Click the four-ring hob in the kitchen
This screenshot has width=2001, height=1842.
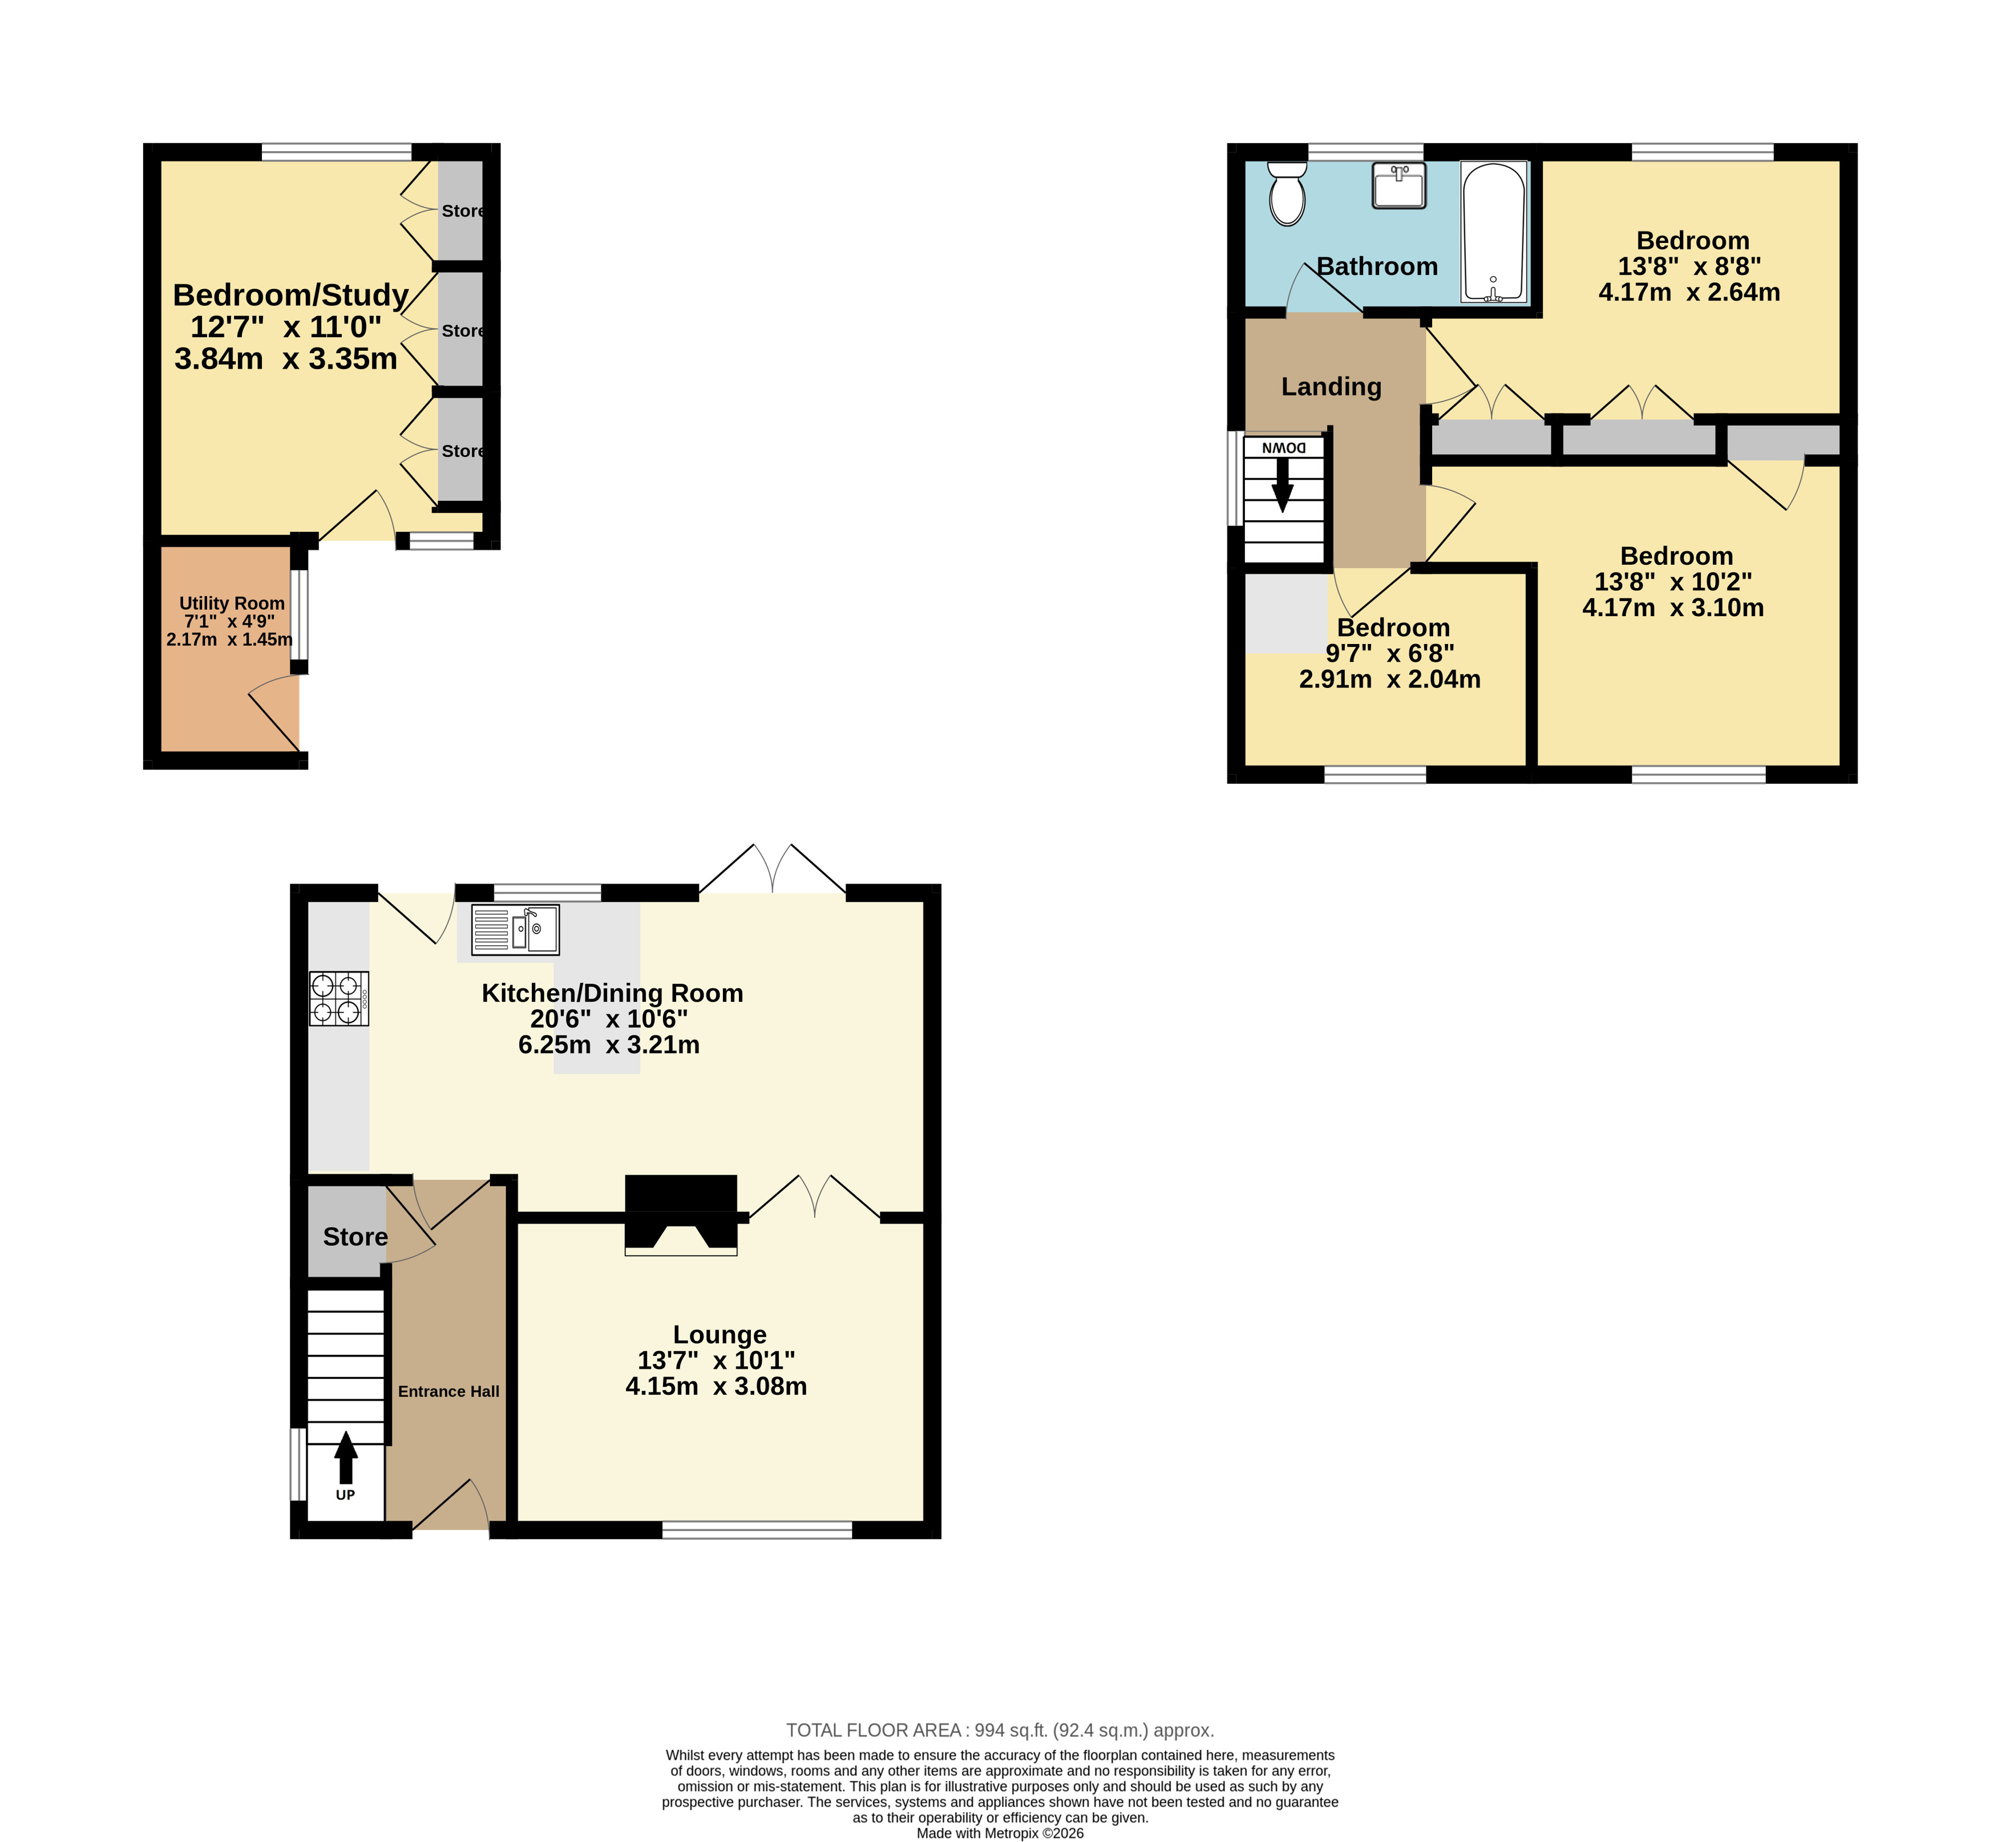tap(339, 999)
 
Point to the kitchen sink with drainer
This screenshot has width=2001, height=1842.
tap(515, 930)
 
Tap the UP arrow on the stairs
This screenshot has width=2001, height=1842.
tap(345, 1458)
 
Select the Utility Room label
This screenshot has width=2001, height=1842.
tap(232, 603)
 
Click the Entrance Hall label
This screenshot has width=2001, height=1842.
tap(448, 1391)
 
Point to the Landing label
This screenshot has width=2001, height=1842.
tap(1331, 387)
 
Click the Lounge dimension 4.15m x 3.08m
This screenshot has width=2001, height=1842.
tap(716, 1386)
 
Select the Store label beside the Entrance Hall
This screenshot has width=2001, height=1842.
tap(355, 1237)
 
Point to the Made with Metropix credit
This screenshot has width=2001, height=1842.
tap(1000, 1833)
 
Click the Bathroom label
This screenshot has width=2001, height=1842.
tap(1377, 266)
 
